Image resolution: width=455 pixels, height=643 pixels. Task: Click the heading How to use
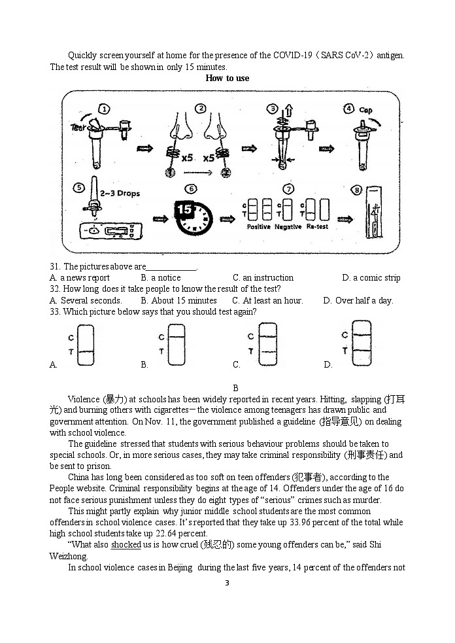[x=227, y=78]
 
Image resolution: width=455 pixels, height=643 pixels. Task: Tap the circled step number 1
[x=104, y=109]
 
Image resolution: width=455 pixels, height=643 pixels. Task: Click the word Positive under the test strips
[x=258, y=227]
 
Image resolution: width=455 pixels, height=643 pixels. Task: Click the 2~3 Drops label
[x=120, y=194]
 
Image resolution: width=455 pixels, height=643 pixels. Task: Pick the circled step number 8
[x=356, y=190]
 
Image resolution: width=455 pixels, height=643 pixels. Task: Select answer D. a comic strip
[x=371, y=277]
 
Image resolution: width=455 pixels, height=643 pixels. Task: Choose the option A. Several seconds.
[x=86, y=300]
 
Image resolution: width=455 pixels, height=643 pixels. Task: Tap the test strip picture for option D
[x=361, y=343]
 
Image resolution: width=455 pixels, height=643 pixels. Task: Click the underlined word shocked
[x=126, y=544]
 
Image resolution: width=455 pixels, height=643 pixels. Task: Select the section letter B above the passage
[x=235, y=387]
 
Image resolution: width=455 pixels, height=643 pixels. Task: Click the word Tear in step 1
[x=78, y=128]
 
